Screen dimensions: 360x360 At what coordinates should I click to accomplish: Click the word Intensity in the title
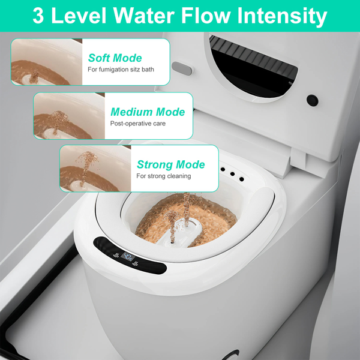282,16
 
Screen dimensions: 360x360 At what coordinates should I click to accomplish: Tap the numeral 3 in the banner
38,16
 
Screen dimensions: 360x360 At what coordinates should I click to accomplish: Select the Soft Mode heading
115,58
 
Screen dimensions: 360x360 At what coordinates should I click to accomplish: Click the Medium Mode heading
148,112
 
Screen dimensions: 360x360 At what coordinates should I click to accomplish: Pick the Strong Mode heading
170,164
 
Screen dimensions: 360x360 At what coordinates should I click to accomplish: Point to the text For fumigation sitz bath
121,70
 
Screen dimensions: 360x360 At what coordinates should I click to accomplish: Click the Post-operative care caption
138,124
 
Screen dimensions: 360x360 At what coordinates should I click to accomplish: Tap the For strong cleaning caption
163,176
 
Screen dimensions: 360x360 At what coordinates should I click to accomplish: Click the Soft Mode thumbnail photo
47,62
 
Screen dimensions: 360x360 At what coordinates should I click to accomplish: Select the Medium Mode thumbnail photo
70,116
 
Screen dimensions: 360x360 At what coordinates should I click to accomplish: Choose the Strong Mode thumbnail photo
95,168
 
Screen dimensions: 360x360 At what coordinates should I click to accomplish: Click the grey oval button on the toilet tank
182,68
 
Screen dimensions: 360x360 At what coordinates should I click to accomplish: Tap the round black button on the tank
312,100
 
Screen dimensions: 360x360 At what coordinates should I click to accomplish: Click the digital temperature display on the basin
128,256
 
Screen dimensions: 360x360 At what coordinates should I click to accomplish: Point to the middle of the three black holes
232,174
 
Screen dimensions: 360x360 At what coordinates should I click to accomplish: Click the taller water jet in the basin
187,209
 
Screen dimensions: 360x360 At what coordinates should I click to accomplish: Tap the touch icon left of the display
116,255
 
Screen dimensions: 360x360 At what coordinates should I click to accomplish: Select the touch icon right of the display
135,263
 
